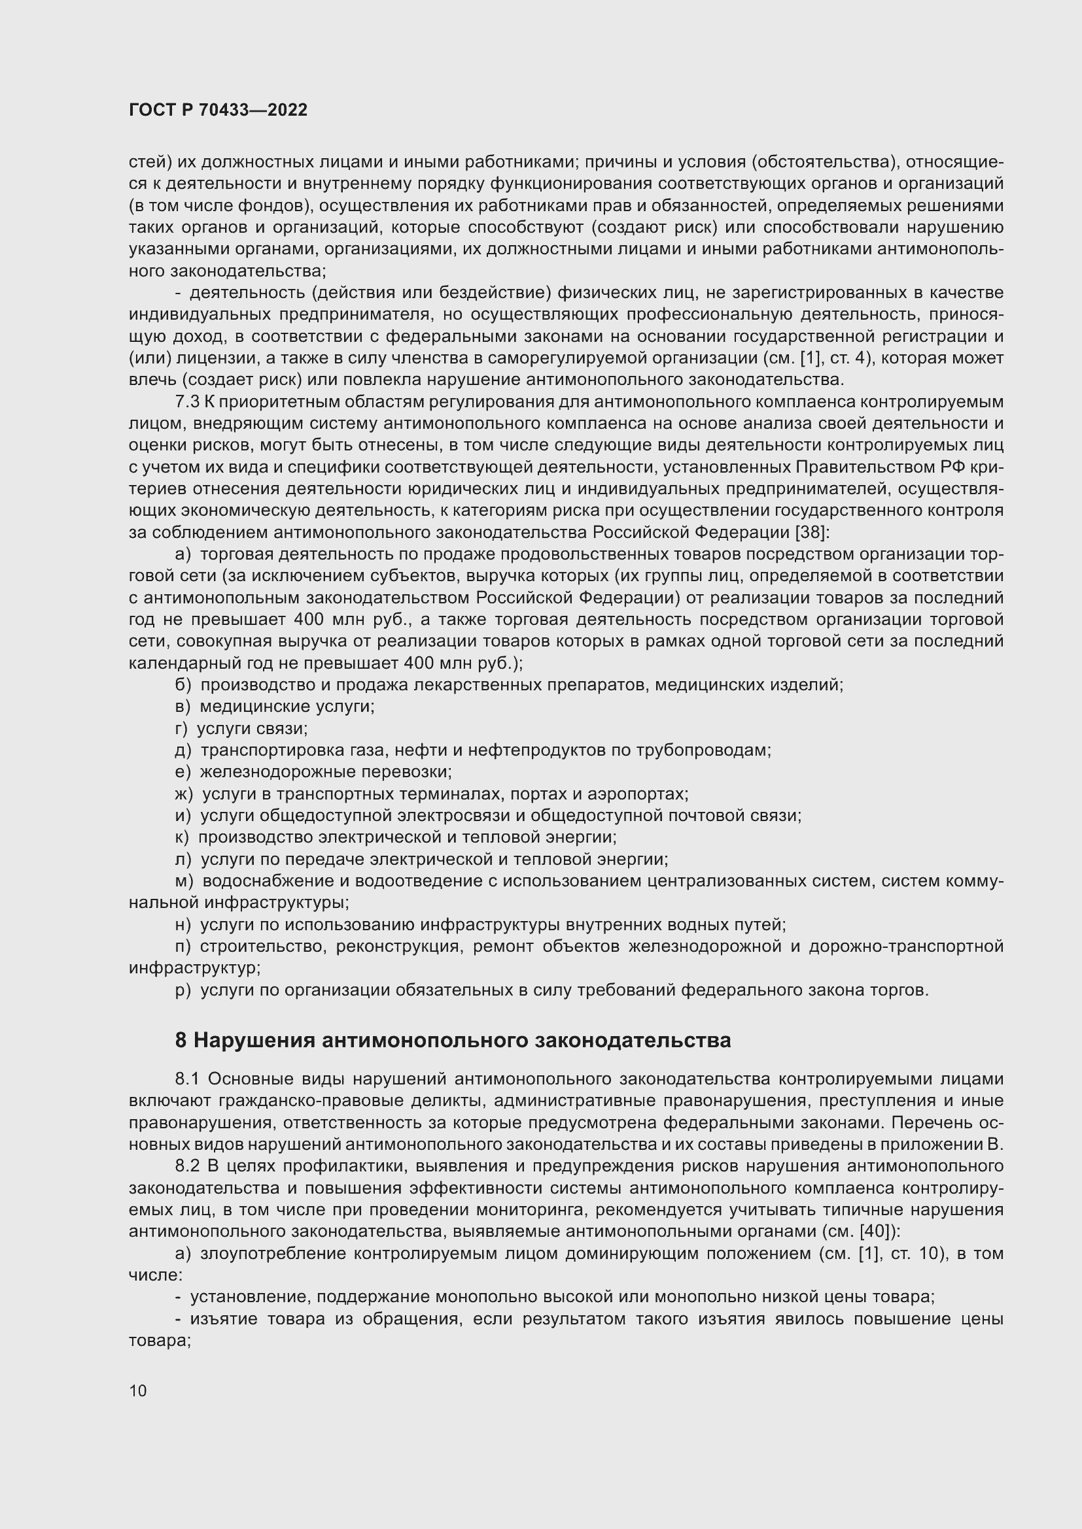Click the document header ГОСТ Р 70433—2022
point(218,110)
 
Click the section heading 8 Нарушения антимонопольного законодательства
point(453,1040)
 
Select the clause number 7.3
point(187,401)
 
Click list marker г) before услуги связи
point(182,728)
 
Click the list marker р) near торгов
point(183,990)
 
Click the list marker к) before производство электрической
point(182,837)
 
